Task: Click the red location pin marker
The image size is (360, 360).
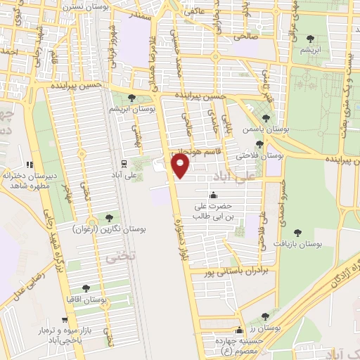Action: [x=181, y=166]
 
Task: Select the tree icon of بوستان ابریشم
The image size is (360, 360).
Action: [x=132, y=98]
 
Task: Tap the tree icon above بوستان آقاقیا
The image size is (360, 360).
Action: [x=86, y=288]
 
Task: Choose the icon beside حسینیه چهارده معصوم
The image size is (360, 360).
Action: [x=239, y=330]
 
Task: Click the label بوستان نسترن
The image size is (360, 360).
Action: [x=70, y=6]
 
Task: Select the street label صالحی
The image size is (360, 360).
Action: [x=249, y=34]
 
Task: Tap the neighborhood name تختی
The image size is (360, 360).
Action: [x=115, y=259]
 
